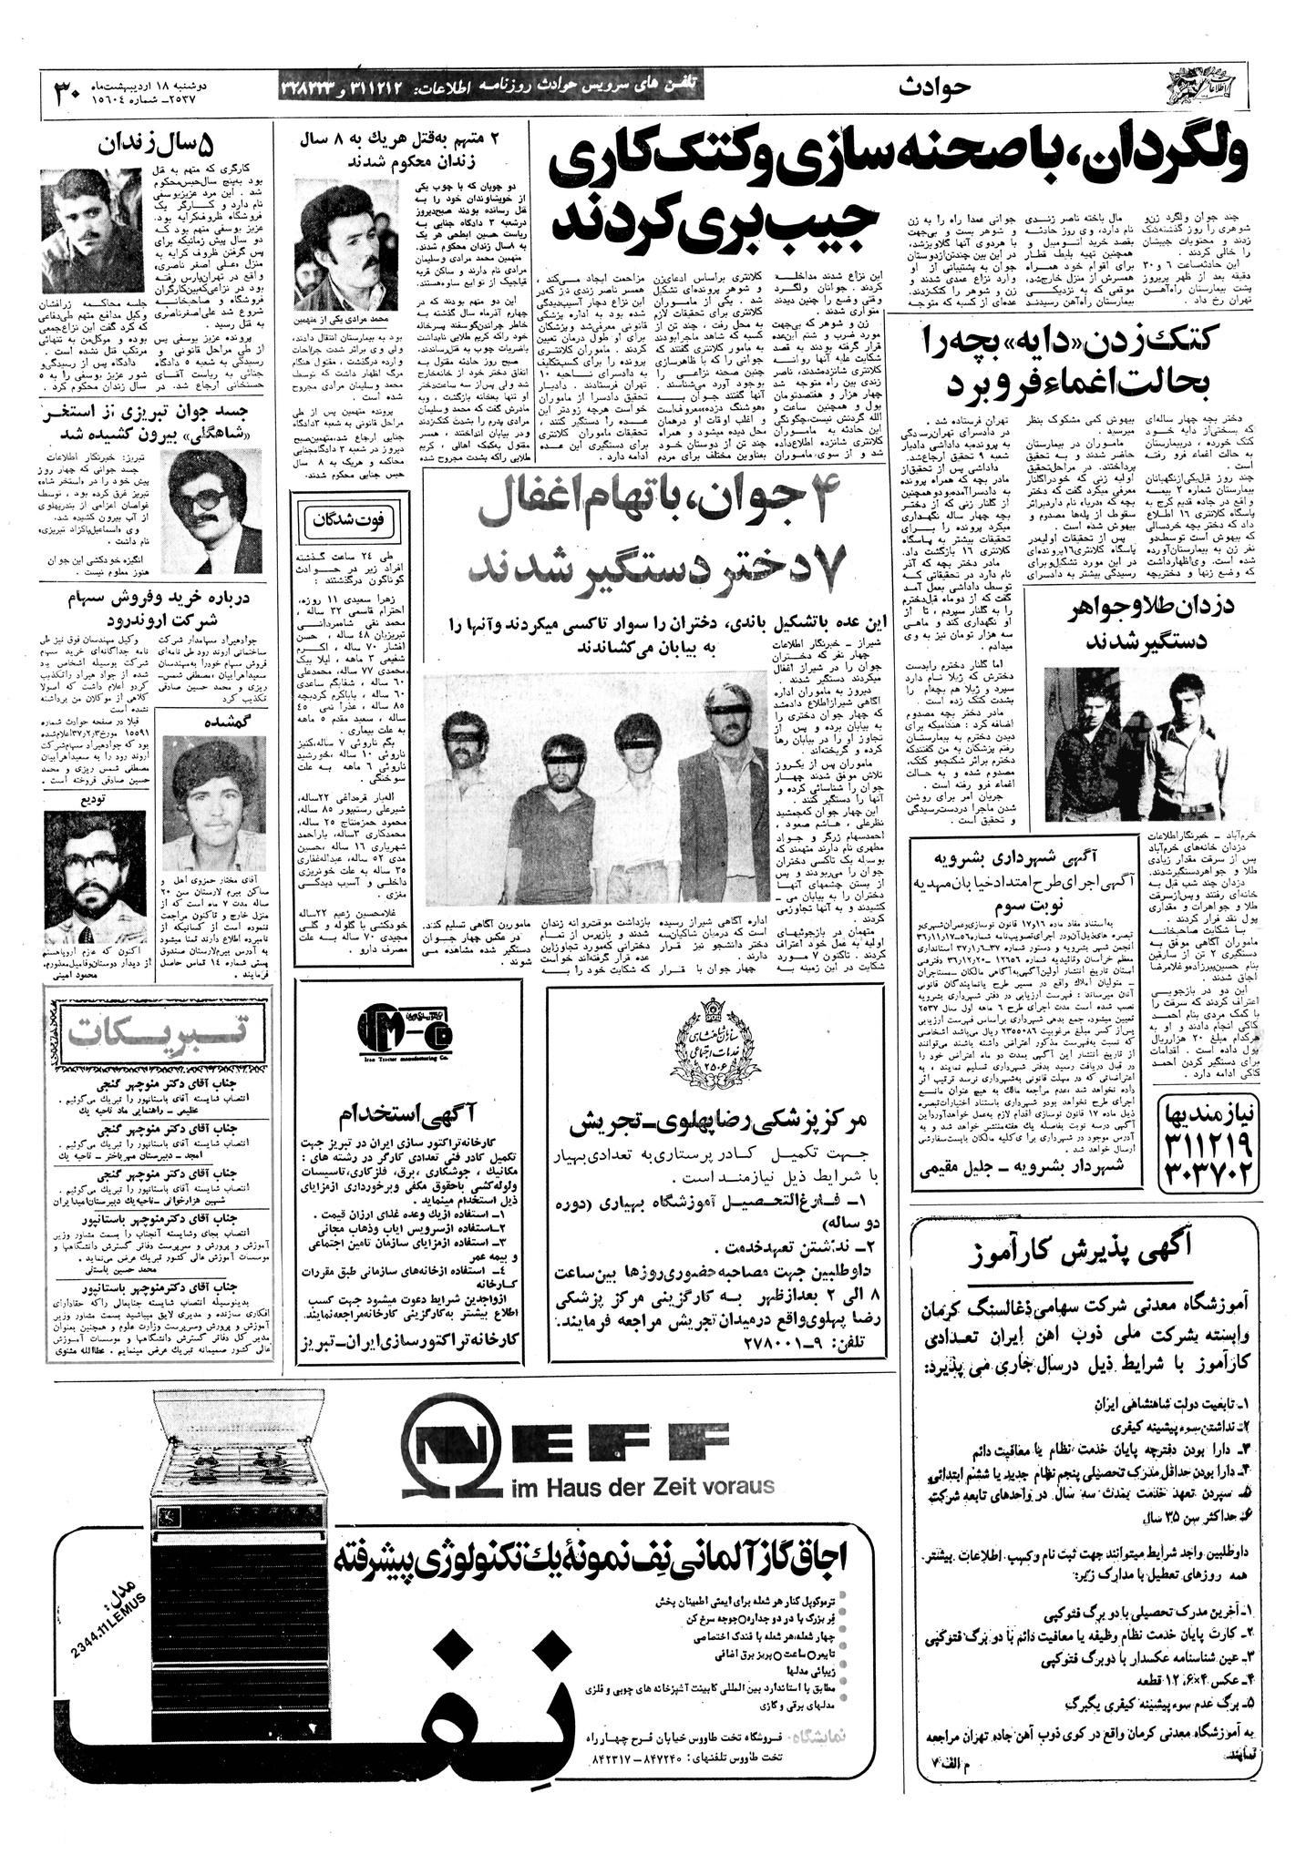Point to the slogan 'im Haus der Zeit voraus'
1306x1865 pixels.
643,1511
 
